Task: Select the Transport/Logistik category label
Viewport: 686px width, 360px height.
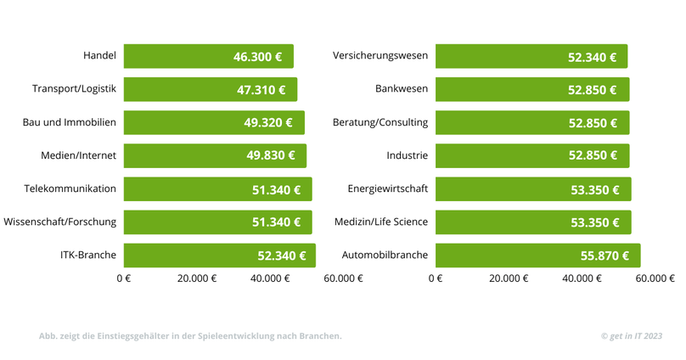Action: tap(74, 89)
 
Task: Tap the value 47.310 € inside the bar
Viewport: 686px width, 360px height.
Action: tap(261, 90)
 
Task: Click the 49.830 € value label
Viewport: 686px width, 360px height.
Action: tap(271, 155)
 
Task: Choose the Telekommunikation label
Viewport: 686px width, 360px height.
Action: tap(70, 188)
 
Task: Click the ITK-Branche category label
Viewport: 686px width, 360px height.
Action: tap(88, 255)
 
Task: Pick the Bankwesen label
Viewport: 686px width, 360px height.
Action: tap(402, 89)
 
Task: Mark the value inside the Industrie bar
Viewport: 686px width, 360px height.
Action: tap(593, 155)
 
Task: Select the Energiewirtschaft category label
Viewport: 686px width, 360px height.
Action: tap(388, 188)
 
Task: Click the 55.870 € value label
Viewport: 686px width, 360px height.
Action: tap(604, 256)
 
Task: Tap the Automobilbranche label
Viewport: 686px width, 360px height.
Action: tap(385, 255)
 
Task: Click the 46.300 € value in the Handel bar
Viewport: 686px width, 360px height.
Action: tap(258, 57)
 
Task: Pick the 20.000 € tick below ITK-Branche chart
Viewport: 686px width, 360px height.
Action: tap(197, 278)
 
